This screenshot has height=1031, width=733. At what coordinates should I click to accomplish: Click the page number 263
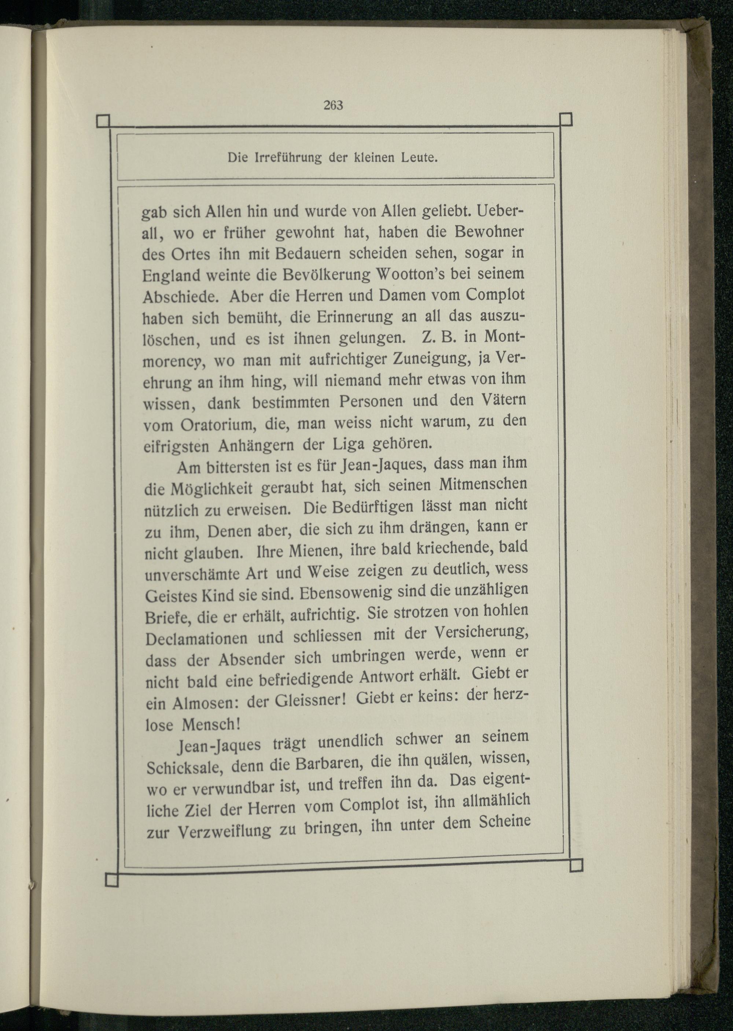[x=334, y=105]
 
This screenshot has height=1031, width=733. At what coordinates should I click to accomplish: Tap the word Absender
[x=251, y=660]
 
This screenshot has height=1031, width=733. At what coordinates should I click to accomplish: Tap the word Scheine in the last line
[x=504, y=822]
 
